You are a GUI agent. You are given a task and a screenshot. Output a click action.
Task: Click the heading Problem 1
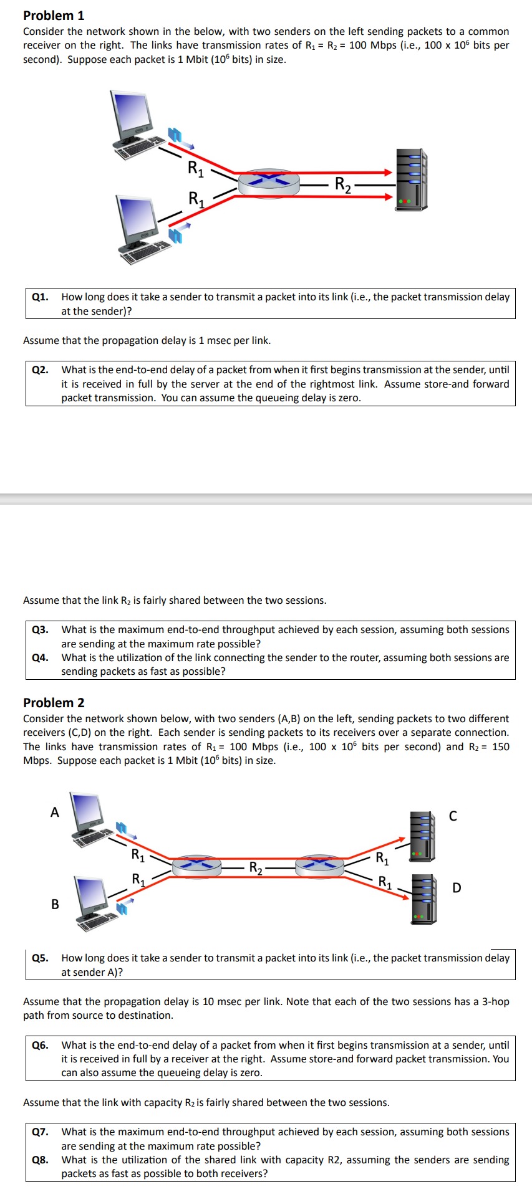point(54,15)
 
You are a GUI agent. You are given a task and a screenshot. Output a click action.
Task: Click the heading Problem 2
point(54,702)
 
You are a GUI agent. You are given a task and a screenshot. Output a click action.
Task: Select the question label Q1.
point(41,297)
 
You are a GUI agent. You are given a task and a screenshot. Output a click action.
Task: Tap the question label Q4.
point(41,657)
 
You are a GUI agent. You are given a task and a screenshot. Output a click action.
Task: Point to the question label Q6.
point(41,1045)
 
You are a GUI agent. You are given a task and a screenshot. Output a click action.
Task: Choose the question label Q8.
point(41,1160)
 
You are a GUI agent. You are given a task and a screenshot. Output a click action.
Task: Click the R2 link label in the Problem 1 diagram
point(342,184)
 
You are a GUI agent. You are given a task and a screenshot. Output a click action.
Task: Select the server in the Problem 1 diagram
point(411,179)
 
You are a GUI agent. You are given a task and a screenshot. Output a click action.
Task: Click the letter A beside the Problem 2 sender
point(55,812)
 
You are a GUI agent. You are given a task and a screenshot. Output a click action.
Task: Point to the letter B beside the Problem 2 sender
point(55,904)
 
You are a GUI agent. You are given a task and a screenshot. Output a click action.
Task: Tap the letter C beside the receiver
point(453,816)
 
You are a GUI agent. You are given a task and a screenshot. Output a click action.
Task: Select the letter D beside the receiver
point(457,887)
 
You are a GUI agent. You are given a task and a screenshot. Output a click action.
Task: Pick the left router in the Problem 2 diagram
point(196,865)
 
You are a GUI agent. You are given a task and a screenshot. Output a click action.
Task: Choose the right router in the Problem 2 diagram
point(319,865)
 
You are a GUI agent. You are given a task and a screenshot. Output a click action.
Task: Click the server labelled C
point(422,836)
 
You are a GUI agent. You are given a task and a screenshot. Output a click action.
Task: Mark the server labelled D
point(424,898)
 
